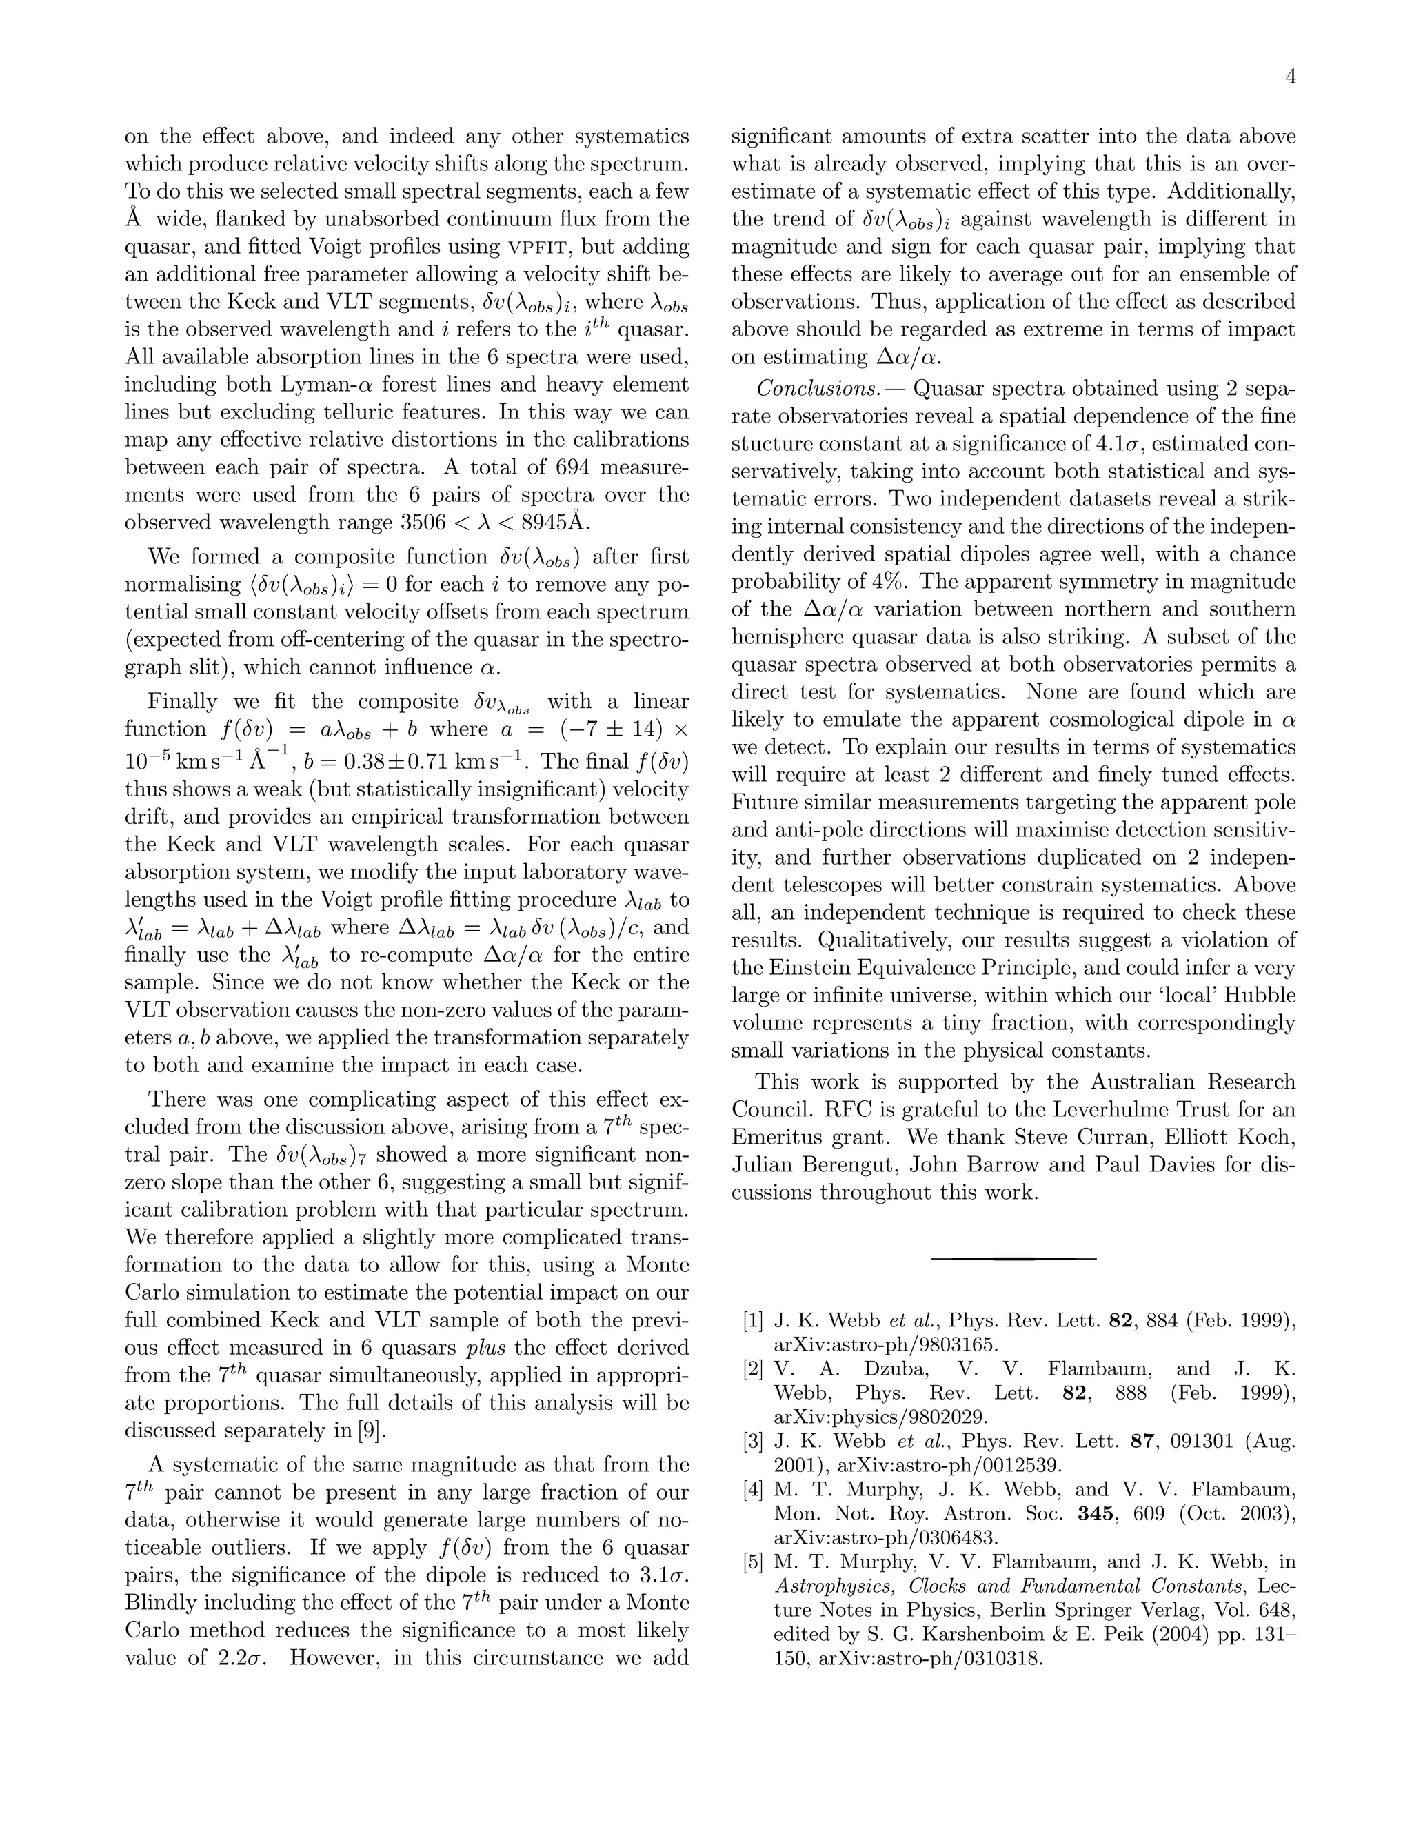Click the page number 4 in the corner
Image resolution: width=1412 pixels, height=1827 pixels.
click(1290, 78)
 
